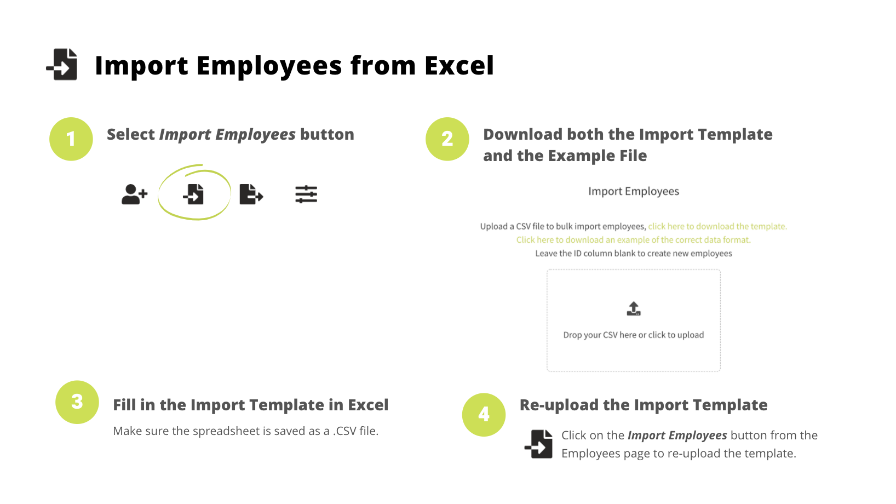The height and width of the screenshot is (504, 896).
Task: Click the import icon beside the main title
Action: (x=62, y=65)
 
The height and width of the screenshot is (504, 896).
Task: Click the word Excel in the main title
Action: (x=459, y=65)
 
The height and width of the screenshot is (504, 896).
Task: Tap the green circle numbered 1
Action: (x=71, y=139)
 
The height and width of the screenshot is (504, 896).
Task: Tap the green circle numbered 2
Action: (x=447, y=139)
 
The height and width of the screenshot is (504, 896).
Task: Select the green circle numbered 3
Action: (x=77, y=402)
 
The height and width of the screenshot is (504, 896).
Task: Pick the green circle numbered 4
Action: (x=484, y=414)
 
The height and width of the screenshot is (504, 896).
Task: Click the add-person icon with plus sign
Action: (x=134, y=194)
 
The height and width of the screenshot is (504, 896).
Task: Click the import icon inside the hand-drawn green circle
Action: (x=193, y=194)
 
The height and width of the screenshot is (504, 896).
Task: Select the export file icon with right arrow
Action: (x=251, y=194)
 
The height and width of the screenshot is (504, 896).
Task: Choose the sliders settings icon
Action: (x=306, y=194)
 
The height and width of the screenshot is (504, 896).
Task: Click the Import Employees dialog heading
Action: (x=634, y=191)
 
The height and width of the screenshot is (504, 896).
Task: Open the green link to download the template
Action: (x=717, y=226)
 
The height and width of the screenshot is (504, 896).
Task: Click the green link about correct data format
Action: (x=634, y=240)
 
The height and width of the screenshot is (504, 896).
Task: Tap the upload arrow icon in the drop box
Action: (x=634, y=309)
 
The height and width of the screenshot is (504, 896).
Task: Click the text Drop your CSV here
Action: (x=600, y=335)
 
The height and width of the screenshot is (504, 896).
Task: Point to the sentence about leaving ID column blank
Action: (x=634, y=254)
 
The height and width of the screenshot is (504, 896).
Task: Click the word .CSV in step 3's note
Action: (x=344, y=431)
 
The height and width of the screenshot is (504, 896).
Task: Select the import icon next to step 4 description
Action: (x=539, y=444)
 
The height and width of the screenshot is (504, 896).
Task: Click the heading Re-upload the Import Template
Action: (x=644, y=405)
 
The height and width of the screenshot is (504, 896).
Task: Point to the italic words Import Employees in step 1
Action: (x=227, y=135)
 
